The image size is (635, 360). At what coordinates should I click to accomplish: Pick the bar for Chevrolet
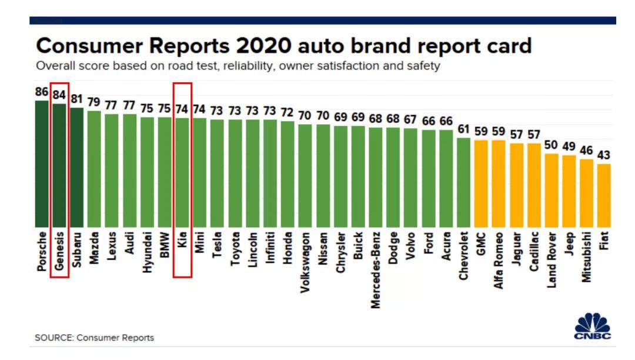tap(463, 182)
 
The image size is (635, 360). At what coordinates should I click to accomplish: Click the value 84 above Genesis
tap(59, 95)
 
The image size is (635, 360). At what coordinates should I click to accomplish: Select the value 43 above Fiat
tap(604, 155)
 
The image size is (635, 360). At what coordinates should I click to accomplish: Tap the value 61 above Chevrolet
tap(463, 129)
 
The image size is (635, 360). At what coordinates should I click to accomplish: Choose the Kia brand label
tap(182, 242)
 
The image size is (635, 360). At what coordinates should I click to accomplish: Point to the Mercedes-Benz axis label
tap(375, 270)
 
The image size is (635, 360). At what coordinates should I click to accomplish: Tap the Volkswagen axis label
tap(305, 262)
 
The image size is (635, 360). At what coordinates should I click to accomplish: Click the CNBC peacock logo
tap(592, 326)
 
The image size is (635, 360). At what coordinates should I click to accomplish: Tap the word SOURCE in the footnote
tap(53, 338)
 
